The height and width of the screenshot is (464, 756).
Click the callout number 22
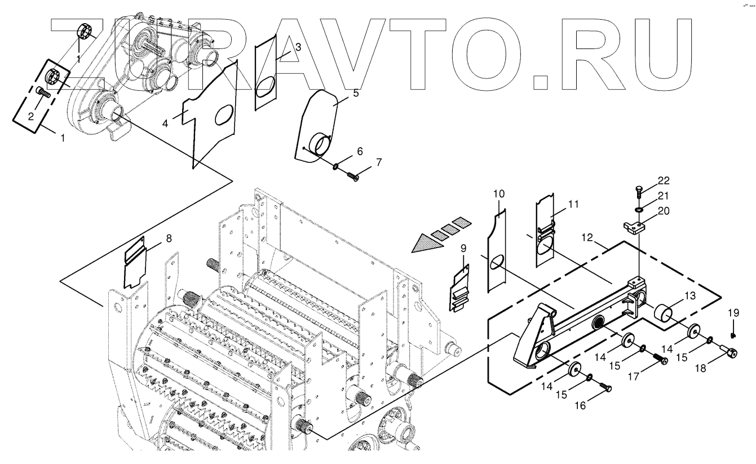(664, 180)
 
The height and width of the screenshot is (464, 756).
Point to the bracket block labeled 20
(635, 227)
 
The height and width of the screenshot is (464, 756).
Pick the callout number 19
(732, 313)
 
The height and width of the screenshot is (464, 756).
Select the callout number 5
(356, 93)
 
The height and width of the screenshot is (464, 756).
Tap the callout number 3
(298, 48)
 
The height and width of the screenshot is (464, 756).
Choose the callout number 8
(169, 238)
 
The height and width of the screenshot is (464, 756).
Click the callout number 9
(463, 248)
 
